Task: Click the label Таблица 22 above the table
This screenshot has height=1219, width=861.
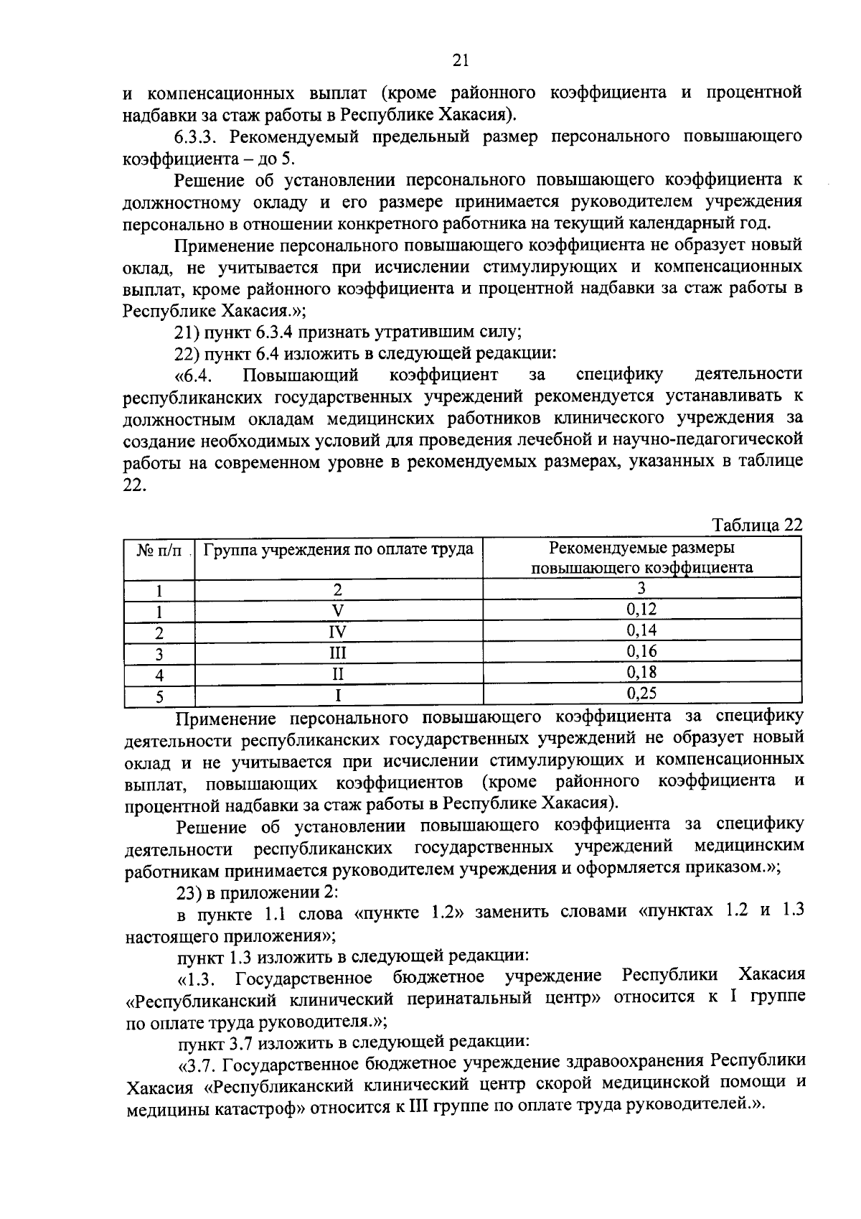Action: click(x=756, y=526)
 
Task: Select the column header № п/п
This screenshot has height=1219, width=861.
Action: click(x=159, y=551)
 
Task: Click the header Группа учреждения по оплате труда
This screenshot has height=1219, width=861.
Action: click(x=339, y=550)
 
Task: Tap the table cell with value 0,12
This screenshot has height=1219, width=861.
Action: click(x=641, y=609)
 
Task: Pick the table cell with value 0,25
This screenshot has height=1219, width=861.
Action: click(x=641, y=693)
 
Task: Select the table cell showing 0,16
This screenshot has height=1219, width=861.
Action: click(x=641, y=652)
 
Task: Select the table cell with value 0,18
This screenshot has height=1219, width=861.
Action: click(x=641, y=673)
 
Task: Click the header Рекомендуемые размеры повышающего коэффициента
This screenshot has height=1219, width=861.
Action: click(x=641, y=559)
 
